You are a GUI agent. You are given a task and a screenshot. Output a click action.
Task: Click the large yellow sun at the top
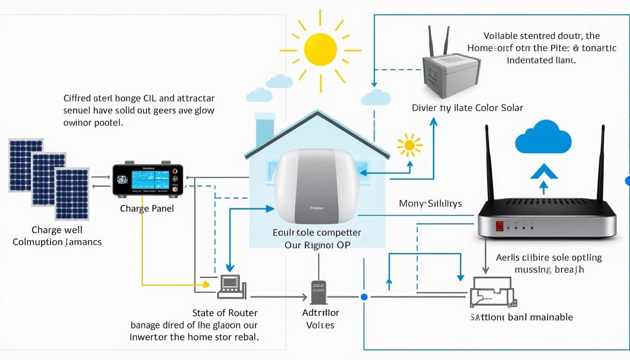320,50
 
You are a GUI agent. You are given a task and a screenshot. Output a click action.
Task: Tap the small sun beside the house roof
410,145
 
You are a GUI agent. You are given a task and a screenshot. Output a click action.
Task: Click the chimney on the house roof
264,131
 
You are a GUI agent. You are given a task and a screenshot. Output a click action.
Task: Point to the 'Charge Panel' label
147,209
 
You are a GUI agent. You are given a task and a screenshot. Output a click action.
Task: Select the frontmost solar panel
72,194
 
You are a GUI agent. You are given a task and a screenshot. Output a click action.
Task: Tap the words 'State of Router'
225,313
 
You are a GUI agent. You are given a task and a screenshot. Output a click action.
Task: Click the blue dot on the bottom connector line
364,297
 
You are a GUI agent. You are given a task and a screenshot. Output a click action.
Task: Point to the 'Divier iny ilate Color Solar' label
467,108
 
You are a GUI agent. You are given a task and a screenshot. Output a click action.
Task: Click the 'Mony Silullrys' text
430,203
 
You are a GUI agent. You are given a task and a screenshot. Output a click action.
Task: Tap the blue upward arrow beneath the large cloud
543,177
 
